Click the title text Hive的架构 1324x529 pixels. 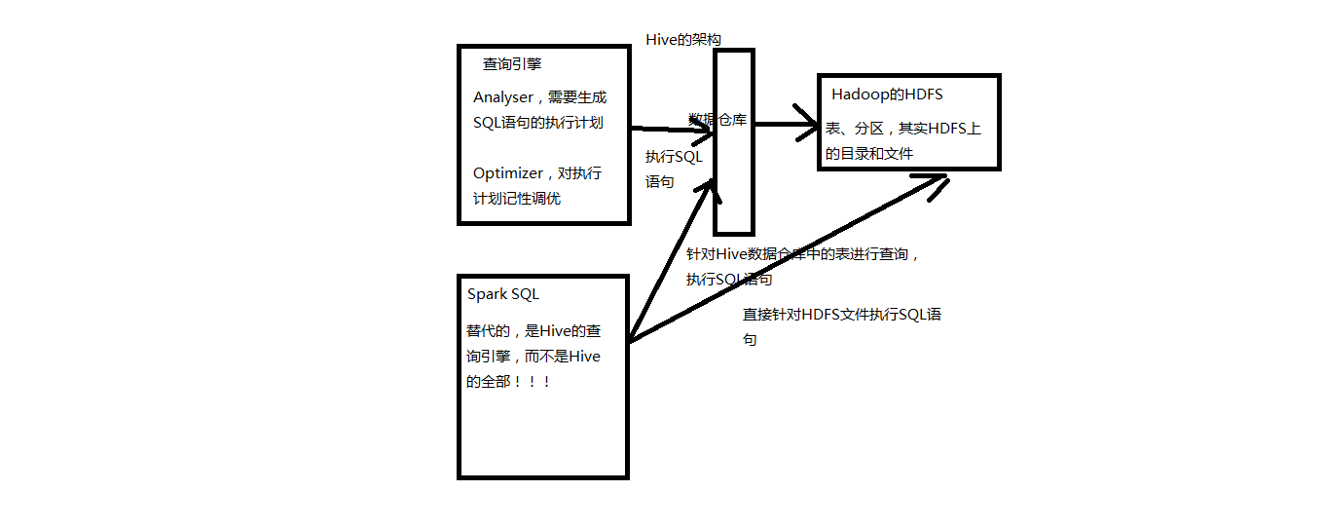point(683,39)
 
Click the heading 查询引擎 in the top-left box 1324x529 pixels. point(512,64)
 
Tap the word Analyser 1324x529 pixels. point(503,97)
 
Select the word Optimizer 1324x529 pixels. point(508,173)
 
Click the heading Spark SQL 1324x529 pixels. point(503,294)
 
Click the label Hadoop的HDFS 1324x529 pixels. point(887,94)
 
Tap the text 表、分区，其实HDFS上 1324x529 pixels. point(903,129)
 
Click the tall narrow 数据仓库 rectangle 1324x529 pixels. point(734,195)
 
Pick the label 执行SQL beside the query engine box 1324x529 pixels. point(674,156)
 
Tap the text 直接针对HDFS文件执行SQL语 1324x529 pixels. point(842,315)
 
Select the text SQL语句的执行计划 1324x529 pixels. point(538,123)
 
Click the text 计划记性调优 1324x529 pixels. point(517,199)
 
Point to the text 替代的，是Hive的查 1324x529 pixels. point(533,331)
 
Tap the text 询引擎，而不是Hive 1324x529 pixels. point(533,357)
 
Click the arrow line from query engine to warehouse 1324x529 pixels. point(672,129)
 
